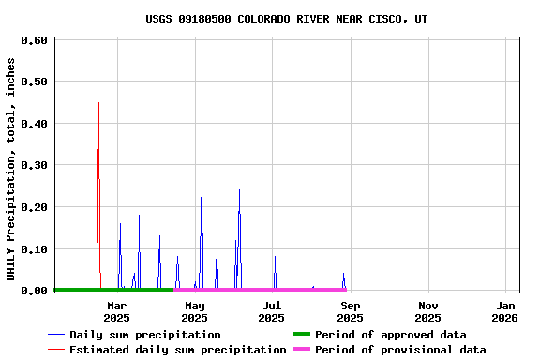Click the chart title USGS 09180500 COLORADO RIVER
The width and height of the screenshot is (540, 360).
click(286, 19)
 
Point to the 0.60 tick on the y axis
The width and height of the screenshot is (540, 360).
click(34, 40)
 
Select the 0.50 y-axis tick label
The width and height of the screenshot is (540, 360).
click(34, 82)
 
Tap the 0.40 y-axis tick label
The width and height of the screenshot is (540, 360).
click(34, 124)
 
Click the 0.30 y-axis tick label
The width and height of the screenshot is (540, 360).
click(34, 165)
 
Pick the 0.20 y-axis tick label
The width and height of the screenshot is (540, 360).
click(34, 207)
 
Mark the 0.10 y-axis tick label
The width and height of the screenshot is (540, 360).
click(34, 248)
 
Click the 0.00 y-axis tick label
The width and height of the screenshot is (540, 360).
click(34, 291)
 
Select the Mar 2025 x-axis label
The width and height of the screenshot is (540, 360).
click(117, 311)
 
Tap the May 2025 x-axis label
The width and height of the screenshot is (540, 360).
click(195, 311)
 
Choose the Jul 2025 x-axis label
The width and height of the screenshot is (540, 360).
click(272, 311)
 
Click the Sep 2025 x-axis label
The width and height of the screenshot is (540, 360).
click(350, 311)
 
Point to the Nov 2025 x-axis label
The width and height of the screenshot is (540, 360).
click(427, 311)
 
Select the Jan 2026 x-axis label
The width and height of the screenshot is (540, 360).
click(505, 311)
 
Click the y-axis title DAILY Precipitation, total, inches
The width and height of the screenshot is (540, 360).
click(11, 169)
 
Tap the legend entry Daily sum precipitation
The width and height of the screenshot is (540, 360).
click(144, 335)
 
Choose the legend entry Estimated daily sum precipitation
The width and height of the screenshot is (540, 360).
click(177, 350)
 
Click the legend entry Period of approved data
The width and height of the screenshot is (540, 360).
click(390, 335)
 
